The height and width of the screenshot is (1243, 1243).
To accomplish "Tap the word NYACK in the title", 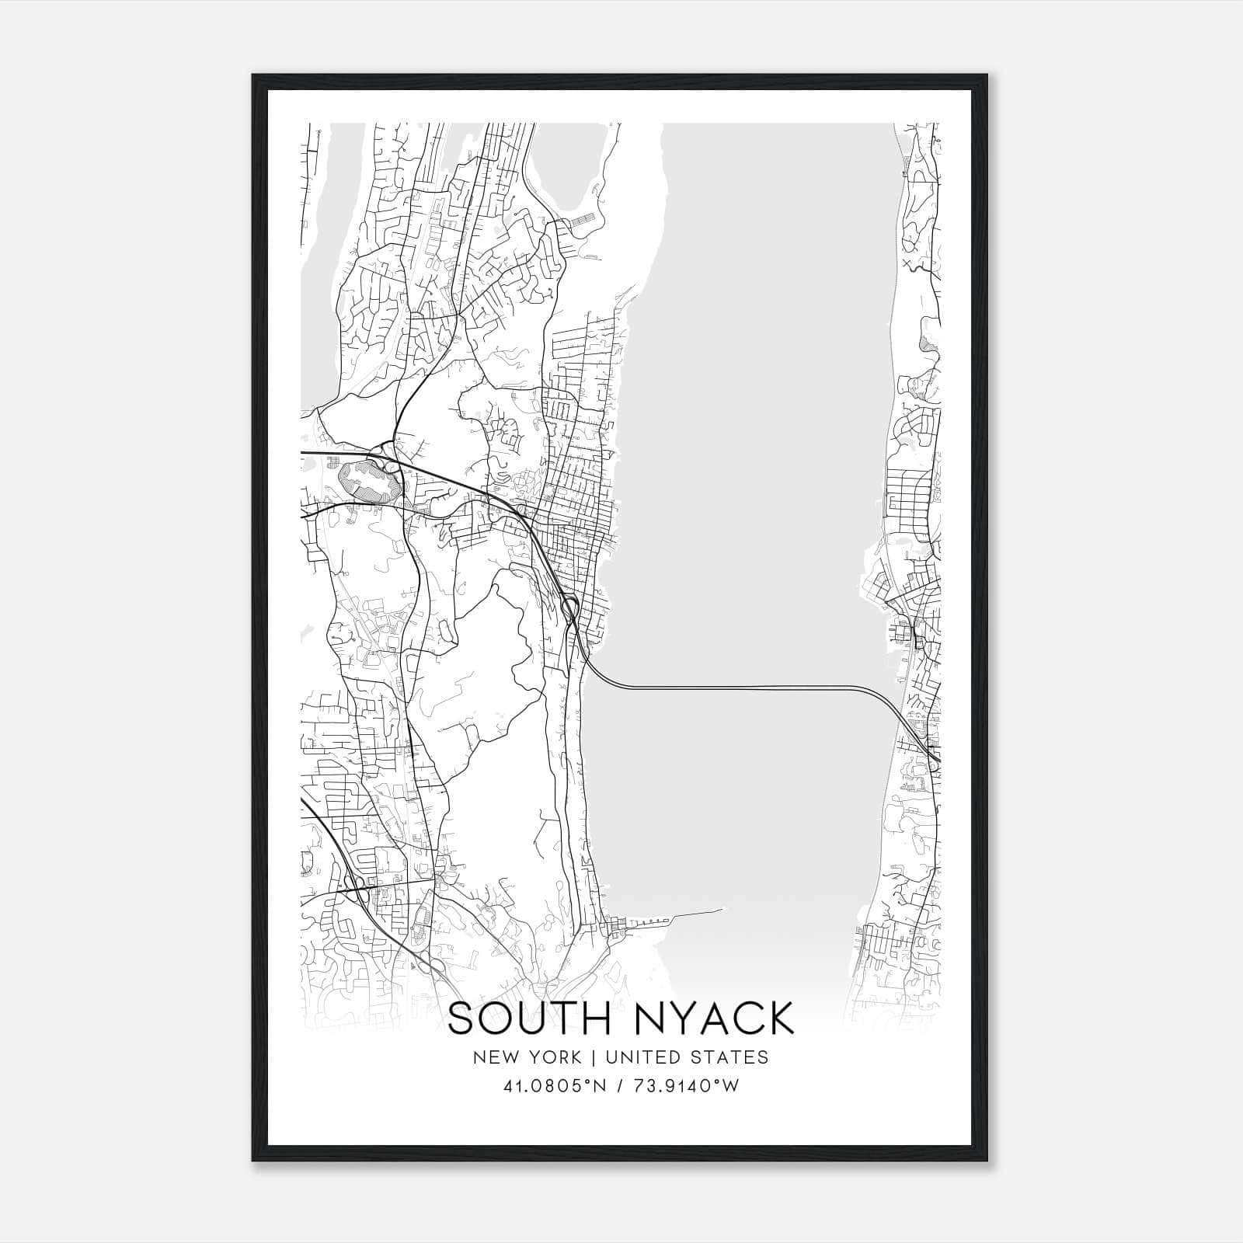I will click(x=716, y=1018).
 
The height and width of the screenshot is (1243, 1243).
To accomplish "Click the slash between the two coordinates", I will click(x=618, y=1086).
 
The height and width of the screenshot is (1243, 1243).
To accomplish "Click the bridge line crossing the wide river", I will click(x=738, y=687).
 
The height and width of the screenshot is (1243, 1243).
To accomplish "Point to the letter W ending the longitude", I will click(x=730, y=1086).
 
